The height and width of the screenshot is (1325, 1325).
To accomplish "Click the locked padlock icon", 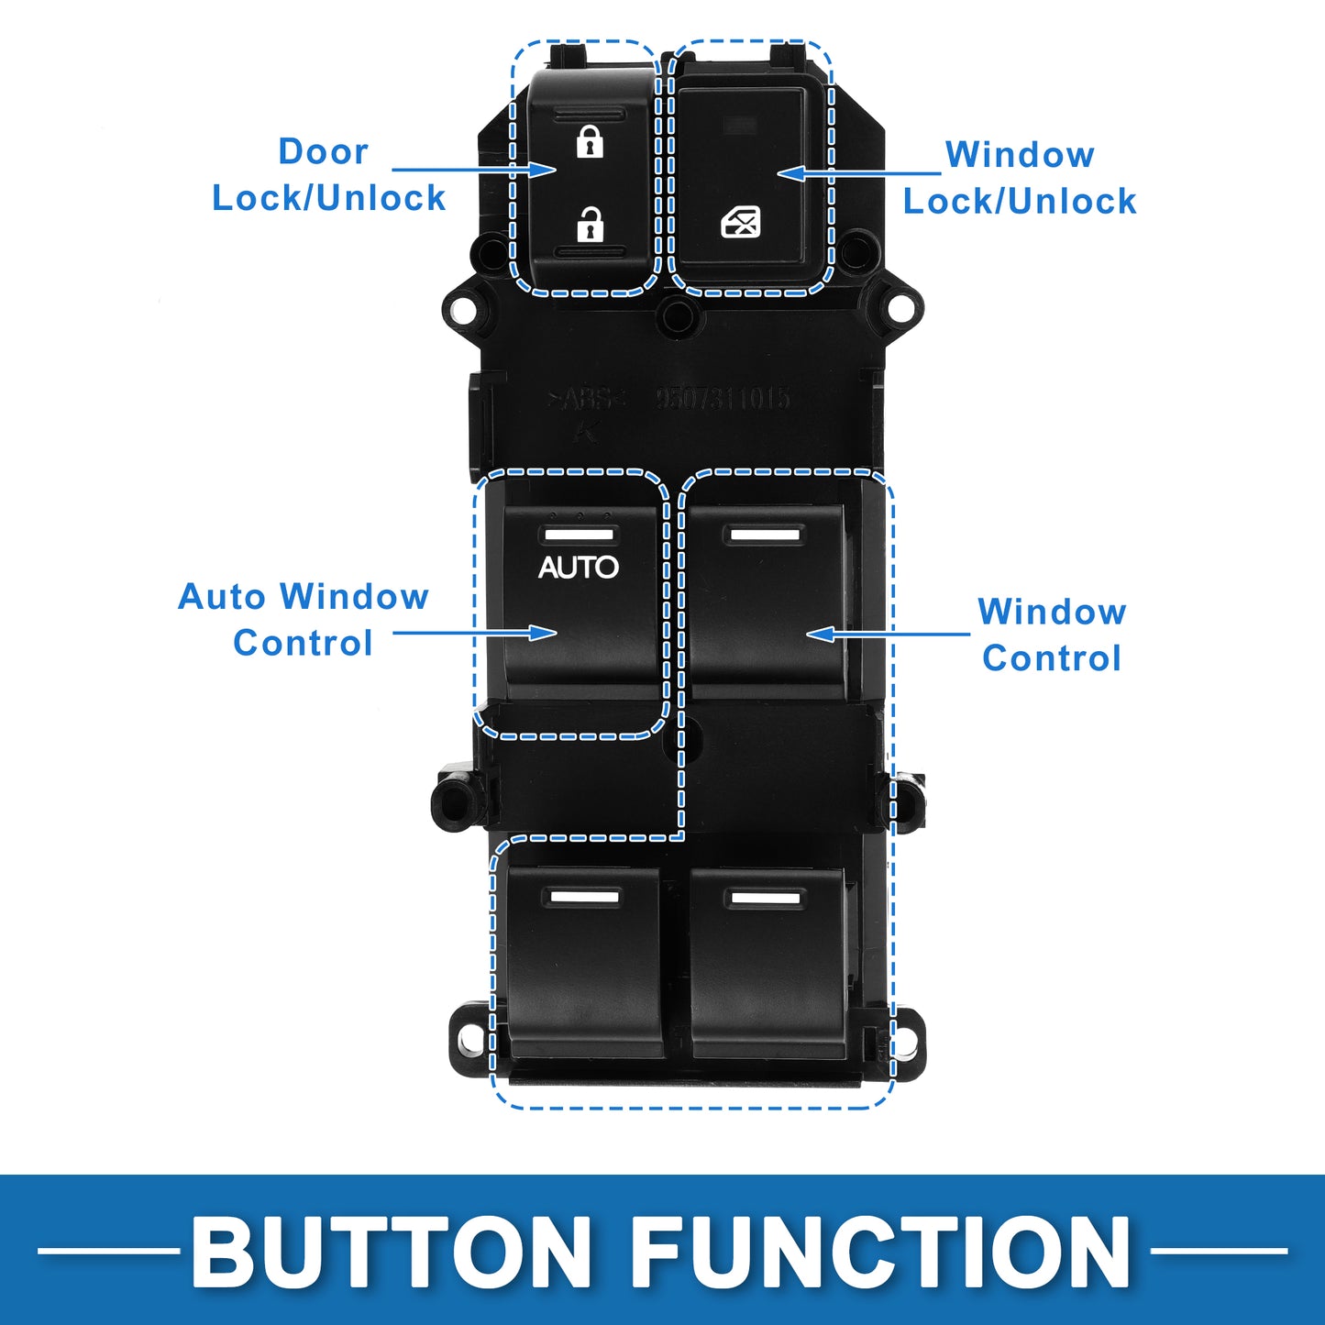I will coord(590,142).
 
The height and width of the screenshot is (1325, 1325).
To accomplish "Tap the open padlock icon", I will coord(590,224).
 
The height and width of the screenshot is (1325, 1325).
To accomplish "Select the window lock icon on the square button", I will coord(741,222).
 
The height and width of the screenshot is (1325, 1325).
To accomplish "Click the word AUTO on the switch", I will coord(579,568).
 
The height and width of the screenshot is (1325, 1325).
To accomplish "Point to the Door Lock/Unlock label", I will coord(328,175).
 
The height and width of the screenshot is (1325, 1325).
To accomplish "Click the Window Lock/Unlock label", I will coord(1020,178).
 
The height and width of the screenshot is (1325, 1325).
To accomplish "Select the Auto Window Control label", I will coord(304,620).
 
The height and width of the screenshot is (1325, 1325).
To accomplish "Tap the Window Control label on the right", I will coord(1052,635).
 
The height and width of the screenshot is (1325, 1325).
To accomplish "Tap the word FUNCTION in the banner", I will coord(880,1252).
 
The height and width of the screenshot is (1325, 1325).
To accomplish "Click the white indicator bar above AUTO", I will coord(579,535).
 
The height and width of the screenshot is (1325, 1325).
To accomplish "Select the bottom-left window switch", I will coord(583,963).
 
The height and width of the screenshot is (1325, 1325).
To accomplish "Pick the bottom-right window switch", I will coord(767,963).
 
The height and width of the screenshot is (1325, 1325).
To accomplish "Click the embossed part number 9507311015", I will coord(723,399).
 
